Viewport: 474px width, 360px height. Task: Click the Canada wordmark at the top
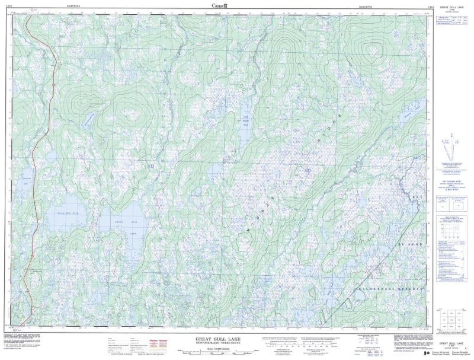point(220,5)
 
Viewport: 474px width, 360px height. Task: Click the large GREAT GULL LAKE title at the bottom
point(218,339)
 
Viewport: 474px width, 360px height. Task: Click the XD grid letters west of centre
point(150,167)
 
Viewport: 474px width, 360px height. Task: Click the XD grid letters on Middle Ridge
point(306,171)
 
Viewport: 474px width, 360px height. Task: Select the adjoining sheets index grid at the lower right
point(449,321)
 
